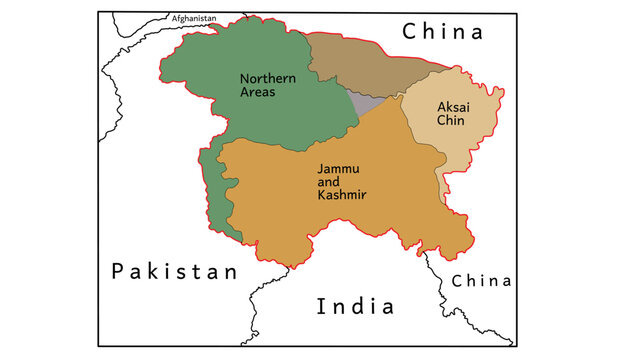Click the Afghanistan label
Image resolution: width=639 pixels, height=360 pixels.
(x=194, y=18)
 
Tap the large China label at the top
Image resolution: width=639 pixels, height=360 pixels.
(x=442, y=32)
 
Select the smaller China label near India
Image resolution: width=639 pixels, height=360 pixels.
(x=481, y=281)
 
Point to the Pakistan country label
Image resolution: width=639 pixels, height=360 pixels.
(x=175, y=271)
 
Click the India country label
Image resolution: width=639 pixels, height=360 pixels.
(x=355, y=306)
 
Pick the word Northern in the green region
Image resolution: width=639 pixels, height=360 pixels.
(x=265, y=78)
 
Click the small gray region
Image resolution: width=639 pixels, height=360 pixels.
(x=366, y=102)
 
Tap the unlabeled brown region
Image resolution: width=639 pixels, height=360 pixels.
(x=365, y=64)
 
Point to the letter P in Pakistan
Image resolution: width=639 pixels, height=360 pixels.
(x=117, y=271)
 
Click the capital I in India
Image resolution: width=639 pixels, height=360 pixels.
(x=320, y=306)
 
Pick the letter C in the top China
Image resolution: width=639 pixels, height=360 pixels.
(x=410, y=32)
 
